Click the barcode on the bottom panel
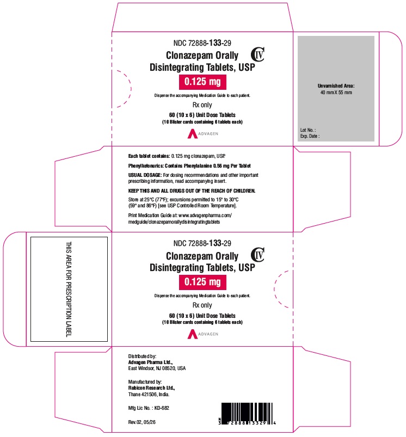pos(247,414)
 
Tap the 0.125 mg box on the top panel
pos(202,82)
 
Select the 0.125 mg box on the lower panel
pos(202,282)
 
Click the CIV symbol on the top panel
pos(258,54)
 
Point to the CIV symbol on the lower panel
pos(258,255)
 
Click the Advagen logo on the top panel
pos(203,134)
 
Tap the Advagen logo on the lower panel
pos(203,334)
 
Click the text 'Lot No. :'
pos(308,130)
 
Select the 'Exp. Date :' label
pos(310,136)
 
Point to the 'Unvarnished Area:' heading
pos(336,86)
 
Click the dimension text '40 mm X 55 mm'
pos(336,93)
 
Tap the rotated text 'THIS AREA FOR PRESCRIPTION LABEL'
pos(69,289)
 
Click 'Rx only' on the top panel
pos(202,105)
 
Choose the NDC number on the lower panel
pos(202,243)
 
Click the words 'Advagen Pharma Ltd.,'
pos(150,362)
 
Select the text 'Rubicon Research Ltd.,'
pos(152,388)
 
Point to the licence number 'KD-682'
pos(162,408)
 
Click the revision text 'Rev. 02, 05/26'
pos(142,422)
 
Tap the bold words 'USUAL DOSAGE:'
pos(145,175)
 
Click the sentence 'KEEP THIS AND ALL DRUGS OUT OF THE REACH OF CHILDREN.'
pos(192,191)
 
